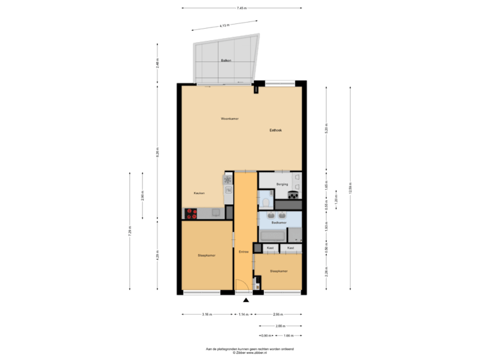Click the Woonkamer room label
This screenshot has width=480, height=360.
[x=230, y=119]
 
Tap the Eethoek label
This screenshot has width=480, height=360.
[x=276, y=130]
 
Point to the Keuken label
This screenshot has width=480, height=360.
[x=199, y=193]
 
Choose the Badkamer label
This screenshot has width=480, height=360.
[x=288, y=223]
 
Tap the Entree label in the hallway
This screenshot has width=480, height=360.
[x=243, y=252]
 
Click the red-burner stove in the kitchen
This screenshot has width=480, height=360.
[x=191, y=213]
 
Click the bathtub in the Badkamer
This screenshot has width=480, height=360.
[x=273, y=235]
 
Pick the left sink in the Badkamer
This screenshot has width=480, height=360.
[x=271, y=215]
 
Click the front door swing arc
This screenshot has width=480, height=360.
[x=242, y=286]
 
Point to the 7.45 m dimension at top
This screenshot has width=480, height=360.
[x=241, y=9]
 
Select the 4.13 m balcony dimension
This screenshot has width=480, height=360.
[x=225, y=26]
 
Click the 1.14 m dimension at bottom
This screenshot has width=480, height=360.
[x=245, y=314]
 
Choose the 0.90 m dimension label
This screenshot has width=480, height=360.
[x=265, y=335]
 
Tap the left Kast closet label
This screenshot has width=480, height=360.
[x=270, y=248]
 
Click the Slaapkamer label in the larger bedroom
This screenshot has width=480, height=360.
[x=206, y=255]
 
